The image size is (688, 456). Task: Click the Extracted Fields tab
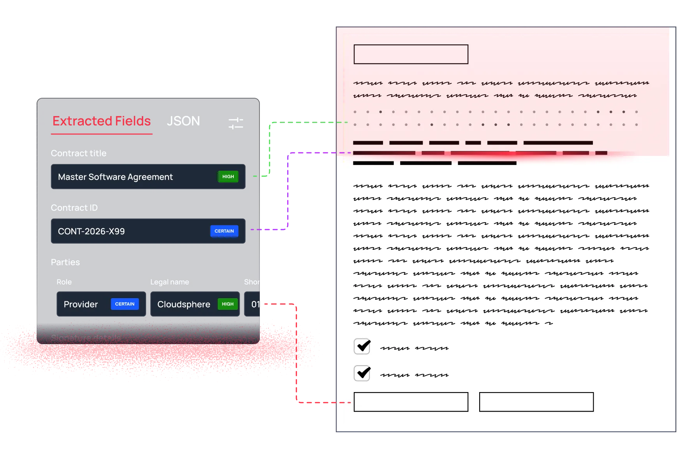click(x=101, y=121)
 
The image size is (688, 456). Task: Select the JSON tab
click(x=183, y=121)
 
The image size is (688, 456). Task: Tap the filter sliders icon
click(x=236, y=123)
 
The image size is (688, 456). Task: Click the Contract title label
click(x=78, y=153)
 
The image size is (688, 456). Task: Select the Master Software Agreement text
click(x=115, y=177)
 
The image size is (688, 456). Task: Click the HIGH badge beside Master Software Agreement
click(x=228, y=177)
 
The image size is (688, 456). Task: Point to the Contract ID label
click(x=74, y=208)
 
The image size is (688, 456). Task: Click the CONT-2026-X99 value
click(x=91, y=232)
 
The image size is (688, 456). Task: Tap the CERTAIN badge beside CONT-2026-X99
click(x=224, y=231)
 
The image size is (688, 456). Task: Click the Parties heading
click(x=65, y=262)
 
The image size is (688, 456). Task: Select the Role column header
click(x=64, y=282)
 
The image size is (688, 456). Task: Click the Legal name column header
click(x=169, y=282)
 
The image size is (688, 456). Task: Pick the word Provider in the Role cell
click(x=81, y=304)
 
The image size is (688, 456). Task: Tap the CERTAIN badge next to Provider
click(x=125, y=304)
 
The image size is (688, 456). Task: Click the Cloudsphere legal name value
click(x=183, y=304)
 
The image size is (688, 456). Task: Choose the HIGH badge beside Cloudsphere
click(x=228, y=304)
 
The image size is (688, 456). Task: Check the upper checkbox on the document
click(x=362, y=346)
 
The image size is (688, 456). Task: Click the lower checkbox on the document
click(x=362, y=373)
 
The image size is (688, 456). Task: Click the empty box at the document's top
click(x=411, y=54)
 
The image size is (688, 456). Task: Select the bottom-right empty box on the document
click(x=536, y=402)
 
